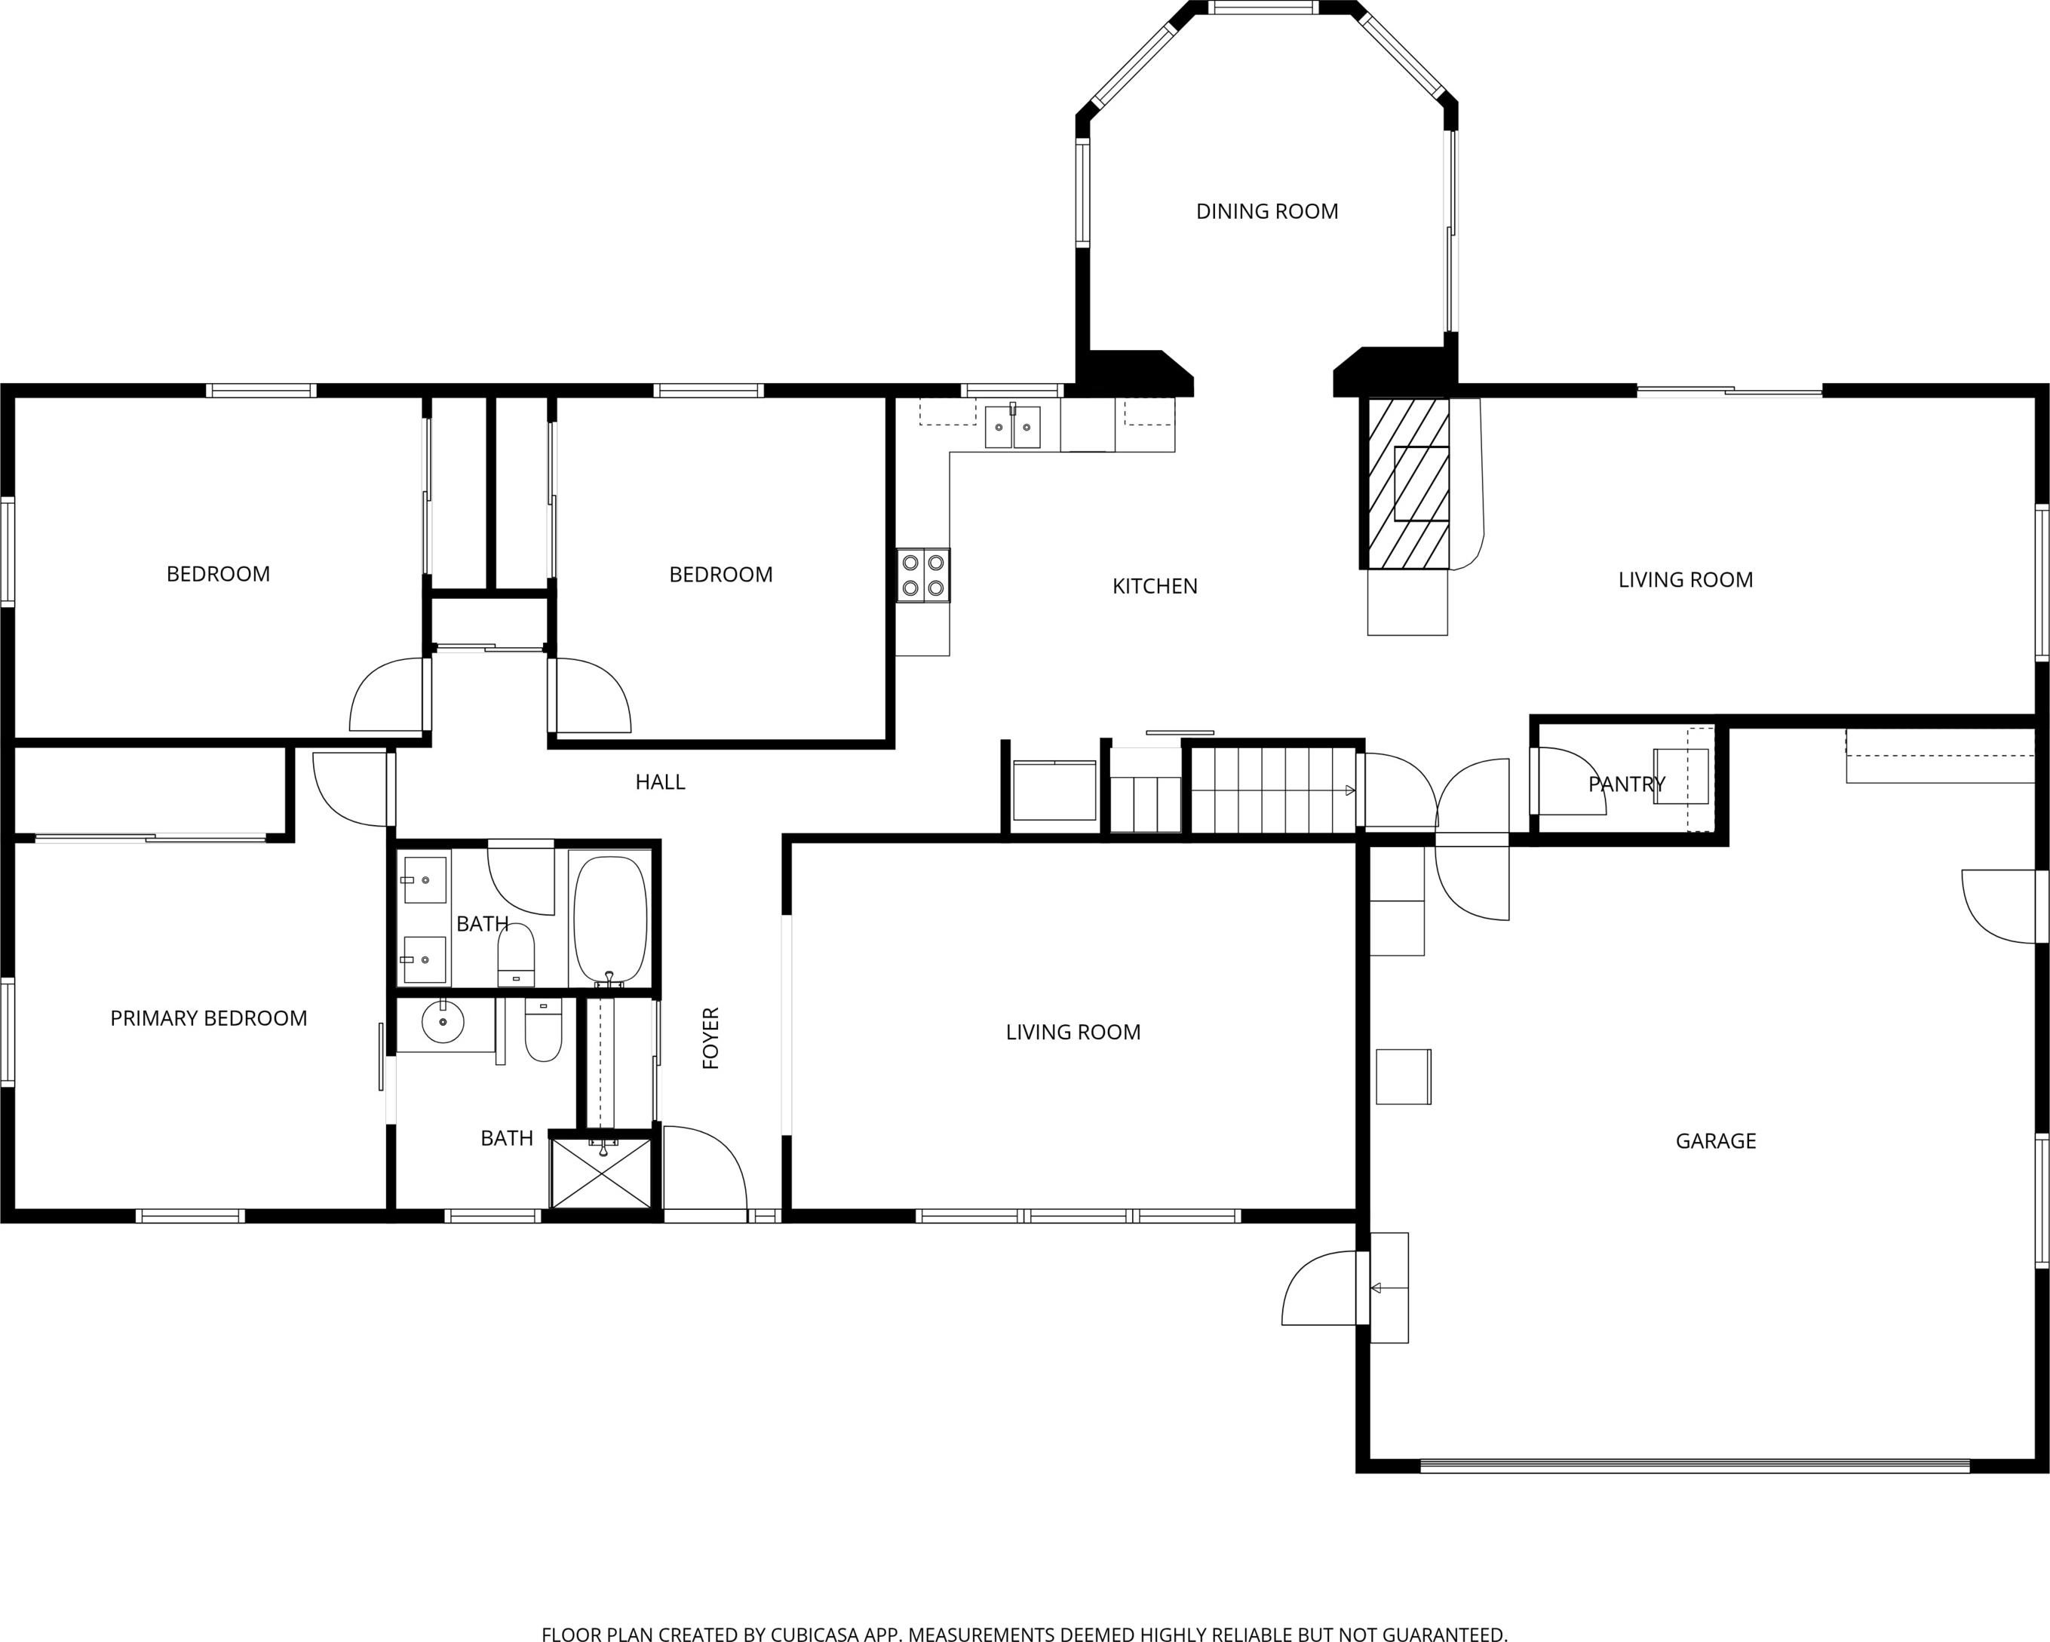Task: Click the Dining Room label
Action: (x=1266, y=211)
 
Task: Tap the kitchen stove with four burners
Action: (x=923, y=575)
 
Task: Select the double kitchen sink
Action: (x=1013, y=426)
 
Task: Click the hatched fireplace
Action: (x=1408, y=483)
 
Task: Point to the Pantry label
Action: (x=1627, y=784)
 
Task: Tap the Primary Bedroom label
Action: (x=208, y=1018)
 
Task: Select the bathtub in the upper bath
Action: (x=610, y=919)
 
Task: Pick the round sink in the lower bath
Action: (x=442, y=1022)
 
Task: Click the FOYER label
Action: (x=711, y=1039)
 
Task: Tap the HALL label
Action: (x=660, y=781)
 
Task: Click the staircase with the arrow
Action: (x=1274, y=790)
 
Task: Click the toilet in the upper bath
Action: (x=517, y=955)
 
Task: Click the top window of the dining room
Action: (x=1263, y=8)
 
